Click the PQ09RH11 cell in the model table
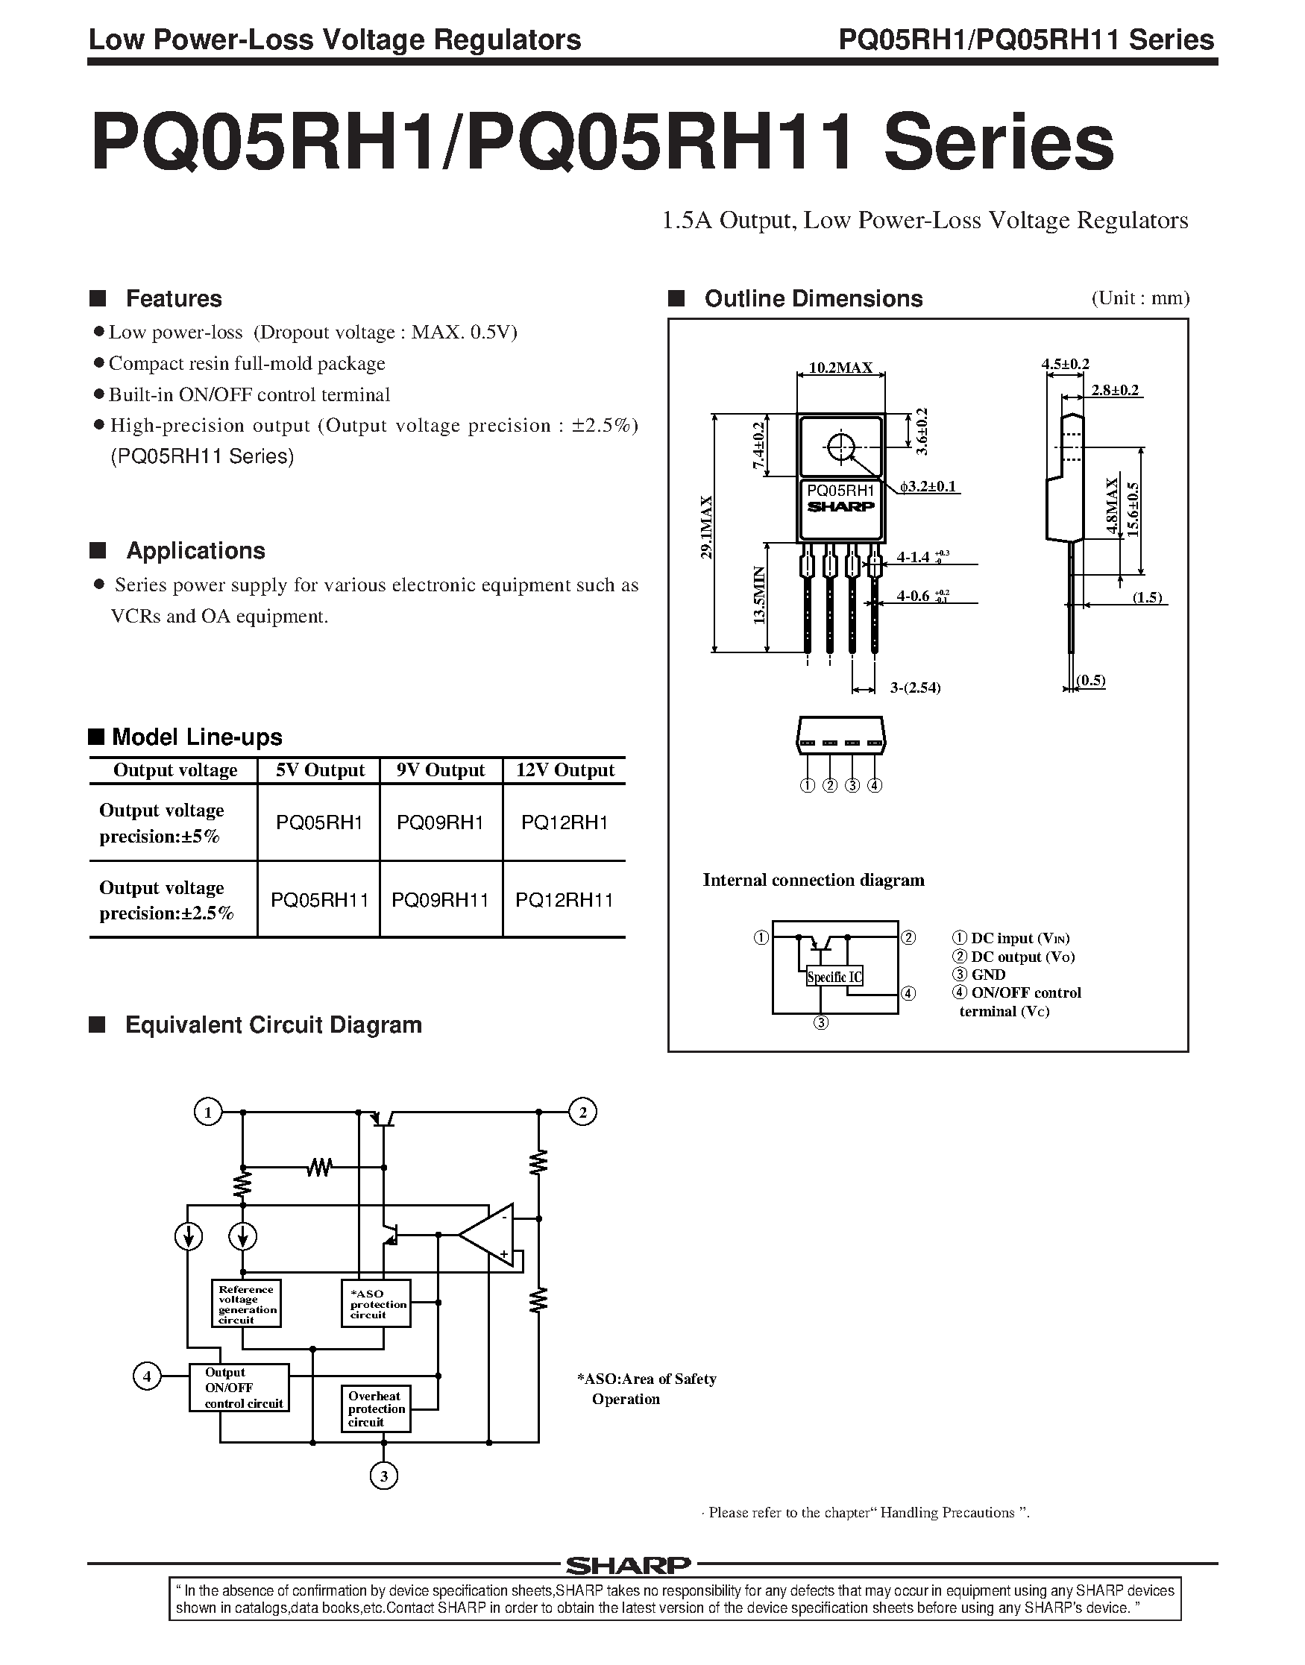(x=440, y=900)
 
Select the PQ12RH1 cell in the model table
(x=564, y=822)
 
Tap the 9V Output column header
(x=440, y=770)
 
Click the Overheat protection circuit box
(x=375, y=1409)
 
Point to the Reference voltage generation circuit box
(x=246, y=1303)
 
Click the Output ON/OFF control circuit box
(x=239, y=1388)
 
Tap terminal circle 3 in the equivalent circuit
(x=383, y=1476)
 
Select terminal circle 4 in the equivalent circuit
(x=147, y=1377)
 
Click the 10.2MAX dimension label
(x=840, y=368)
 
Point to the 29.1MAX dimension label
(x=707, y=528)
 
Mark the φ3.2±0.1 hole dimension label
(x=928, y=486)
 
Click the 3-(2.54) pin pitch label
(x=914, y=687)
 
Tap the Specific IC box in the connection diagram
(x=834, y=976)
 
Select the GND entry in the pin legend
(x=988, y=975)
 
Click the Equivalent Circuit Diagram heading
(x=273, y=1025)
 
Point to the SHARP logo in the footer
(x=628, y=1565)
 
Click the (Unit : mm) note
(x=1140, y=298)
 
